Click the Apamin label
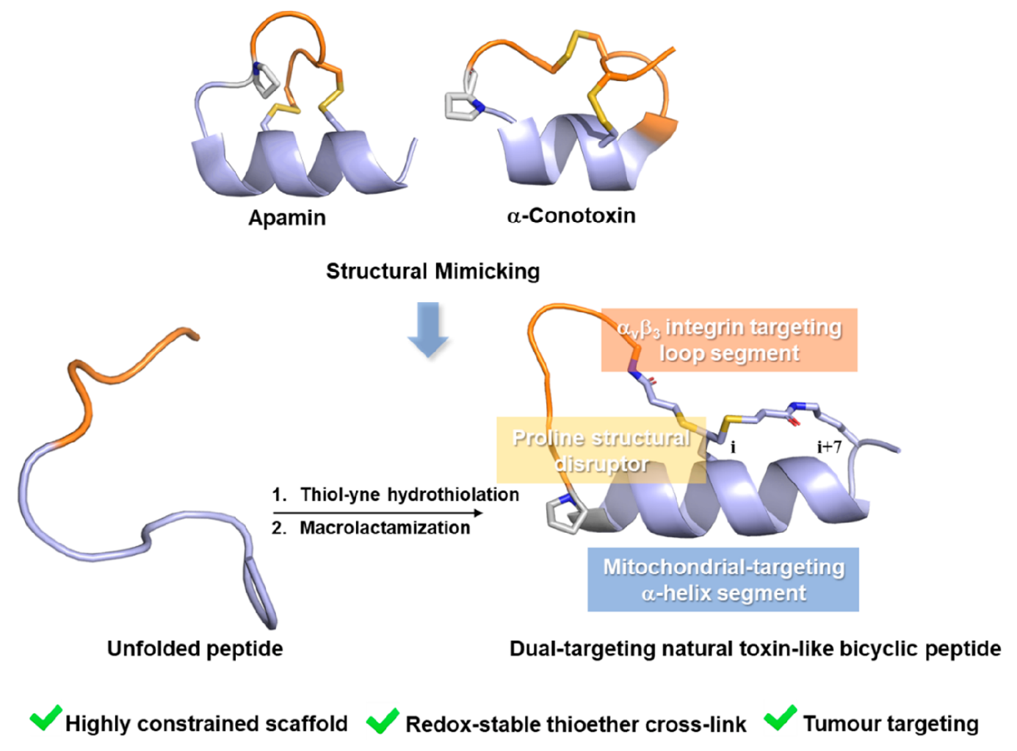click(x=286, y=218)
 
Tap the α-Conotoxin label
click(x=571, y=215)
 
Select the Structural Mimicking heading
click(x=433, y=271)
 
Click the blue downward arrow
click(x=427, y=329)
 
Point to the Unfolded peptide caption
click(x=195, y=648)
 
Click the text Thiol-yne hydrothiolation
click(x=409, y=495)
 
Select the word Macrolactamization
click(x=385, y=528)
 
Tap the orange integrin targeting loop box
click(x=728, y=339)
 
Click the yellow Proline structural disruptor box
click(x=601, y=450)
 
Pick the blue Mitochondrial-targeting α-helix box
click(x=723, y=579)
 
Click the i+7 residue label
click(x=829, y=446)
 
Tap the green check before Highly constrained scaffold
click(x=46, y=718)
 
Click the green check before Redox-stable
click(x=383, y=720)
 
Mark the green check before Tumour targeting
click(x=780, y=718)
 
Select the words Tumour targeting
click(x=890, y=724)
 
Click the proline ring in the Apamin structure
click(x=266, y=80)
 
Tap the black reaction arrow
click(x=377, y=512)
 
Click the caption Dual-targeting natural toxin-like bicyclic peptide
click(x=755, y=649)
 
